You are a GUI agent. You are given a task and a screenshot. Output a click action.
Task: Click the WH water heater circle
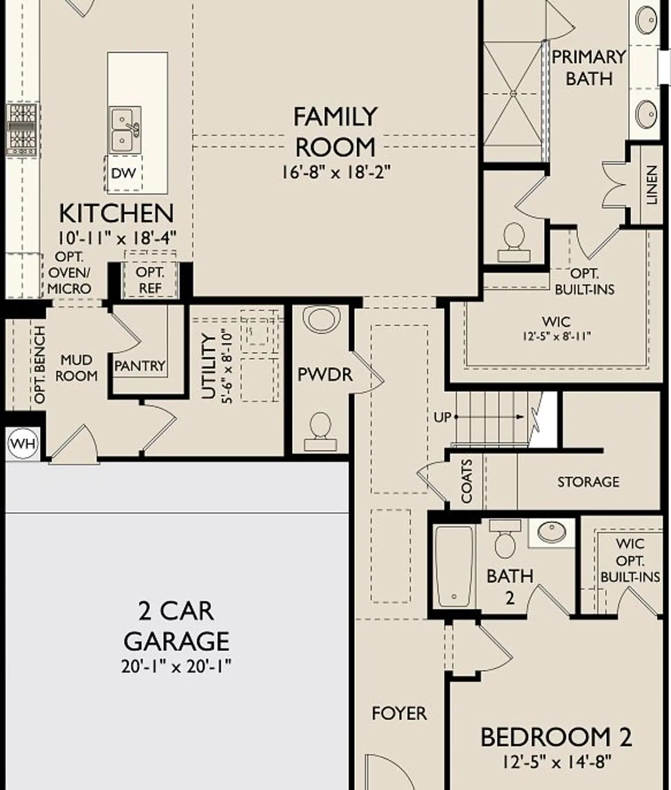[23, 443]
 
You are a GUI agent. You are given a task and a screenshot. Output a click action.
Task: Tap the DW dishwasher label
[123, 173]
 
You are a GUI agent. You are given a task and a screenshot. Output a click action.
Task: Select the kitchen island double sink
[125, 130]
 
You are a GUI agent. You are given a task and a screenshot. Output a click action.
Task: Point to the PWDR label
[325, 375]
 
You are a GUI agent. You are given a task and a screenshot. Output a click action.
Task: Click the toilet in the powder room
[320, 431]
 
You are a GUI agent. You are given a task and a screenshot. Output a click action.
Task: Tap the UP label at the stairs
[442, 417]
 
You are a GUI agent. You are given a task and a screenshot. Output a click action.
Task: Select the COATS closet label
[467, 481]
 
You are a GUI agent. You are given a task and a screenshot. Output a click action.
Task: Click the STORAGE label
[588, 482]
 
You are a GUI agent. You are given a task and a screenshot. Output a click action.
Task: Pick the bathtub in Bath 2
[454, 566]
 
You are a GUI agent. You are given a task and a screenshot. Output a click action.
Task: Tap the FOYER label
[399, 713]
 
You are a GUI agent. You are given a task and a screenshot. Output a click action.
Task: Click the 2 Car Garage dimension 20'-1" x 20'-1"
[176, 666]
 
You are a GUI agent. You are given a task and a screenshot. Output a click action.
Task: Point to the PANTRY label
[140, 366]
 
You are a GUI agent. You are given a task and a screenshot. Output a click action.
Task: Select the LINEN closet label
[652, 185]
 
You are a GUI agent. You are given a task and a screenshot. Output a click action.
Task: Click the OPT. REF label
[150, 280]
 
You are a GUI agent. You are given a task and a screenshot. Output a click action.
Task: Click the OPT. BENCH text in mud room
[39, 365]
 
